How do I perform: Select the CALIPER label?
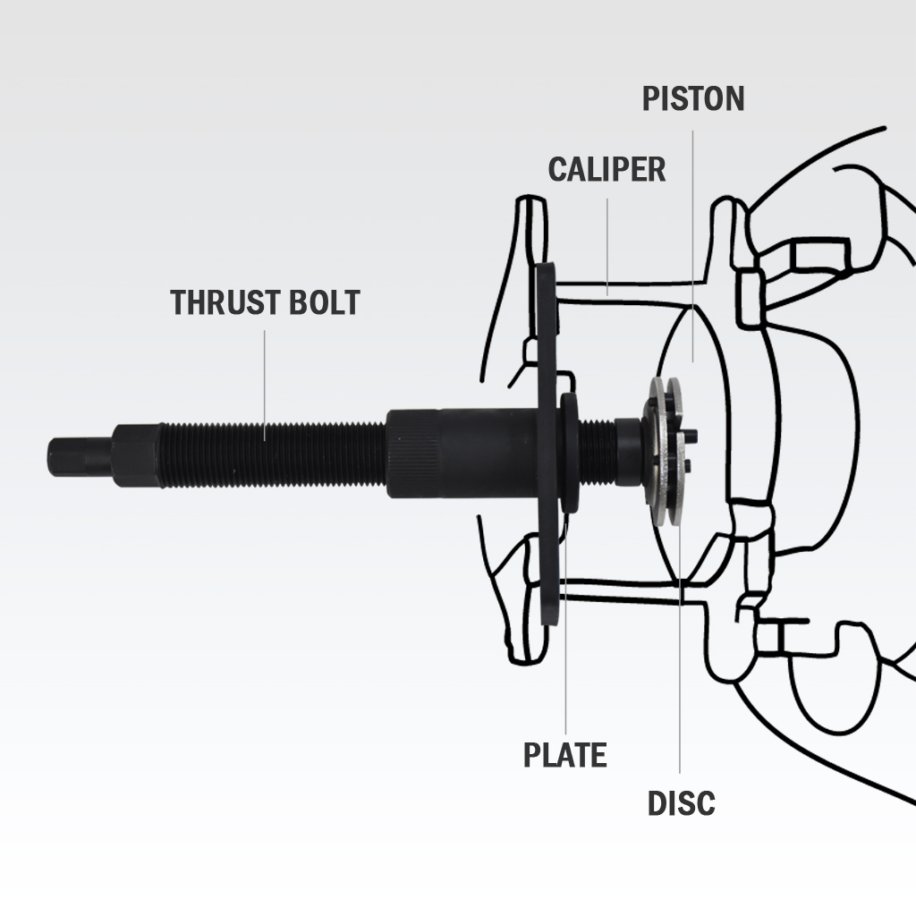(606, 169)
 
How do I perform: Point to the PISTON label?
(693, 98)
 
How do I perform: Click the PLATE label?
(564, 755)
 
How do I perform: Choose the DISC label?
(681, 803)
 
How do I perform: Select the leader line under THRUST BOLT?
(265, 385)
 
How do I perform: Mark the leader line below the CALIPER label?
(606, 246)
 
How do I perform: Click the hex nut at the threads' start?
(136, 456)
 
